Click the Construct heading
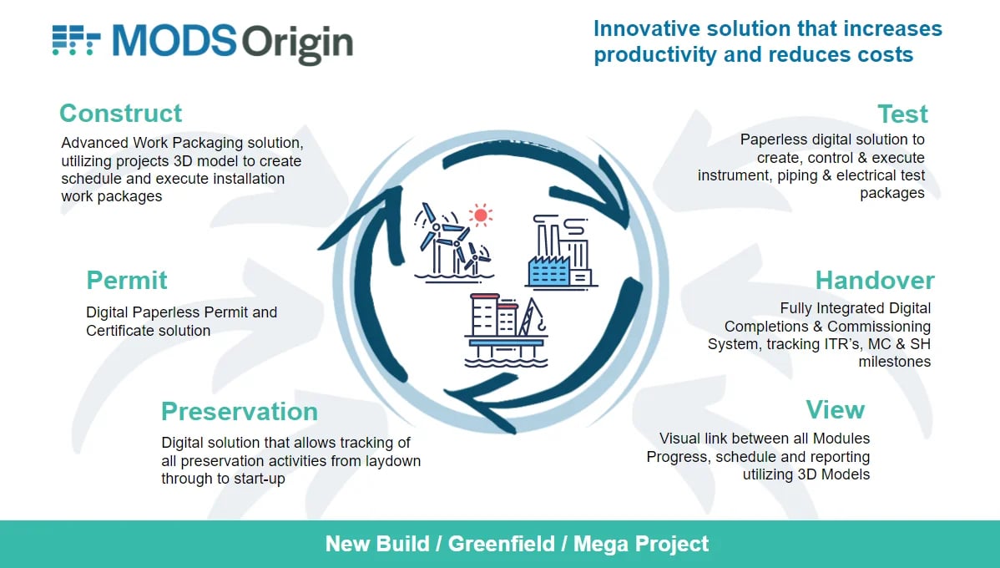click(x=120, y=114)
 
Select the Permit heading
click(x=126, y=281)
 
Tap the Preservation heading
click(x=240, y=412)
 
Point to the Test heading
click(x=902, y=114)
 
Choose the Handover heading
click(x=874, y=281)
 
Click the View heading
click(x=835, y=410)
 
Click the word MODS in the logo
click(x=174, y=41)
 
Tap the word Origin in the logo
click(x=297, y=44)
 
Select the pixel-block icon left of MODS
click(x=77, y=40)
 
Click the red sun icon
click(x=480, y=216)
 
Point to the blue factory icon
click(x=561, y=253)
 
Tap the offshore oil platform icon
click(x=506, y=331)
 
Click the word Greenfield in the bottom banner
click(x=502, y=544)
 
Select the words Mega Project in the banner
click(x=641, y=544)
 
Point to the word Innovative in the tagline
click(x=647, y=28)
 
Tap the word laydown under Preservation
click(x=393, y=461)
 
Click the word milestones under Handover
click(x=894, y=362)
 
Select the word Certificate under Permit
click(x=121, y=331)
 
